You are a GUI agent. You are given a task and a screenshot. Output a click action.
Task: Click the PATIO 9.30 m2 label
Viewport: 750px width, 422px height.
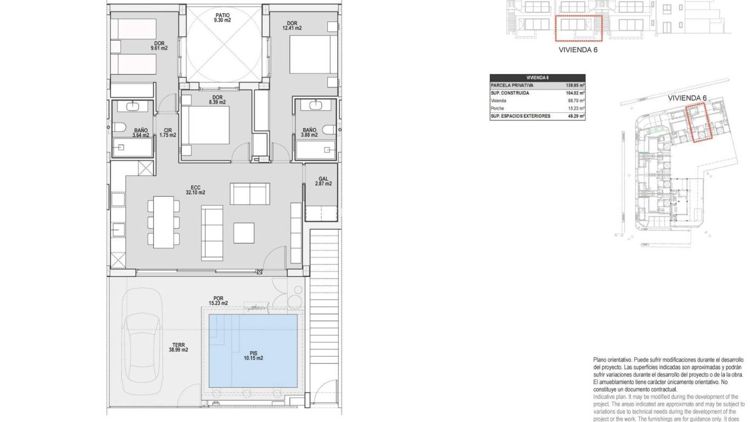click(222, 16)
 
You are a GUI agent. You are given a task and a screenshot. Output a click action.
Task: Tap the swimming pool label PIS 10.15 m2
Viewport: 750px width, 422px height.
click(253, 355)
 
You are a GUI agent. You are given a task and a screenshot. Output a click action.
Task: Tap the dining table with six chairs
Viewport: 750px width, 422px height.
click(163, 221)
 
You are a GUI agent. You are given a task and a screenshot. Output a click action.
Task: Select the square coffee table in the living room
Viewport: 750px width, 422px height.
click(244, 232)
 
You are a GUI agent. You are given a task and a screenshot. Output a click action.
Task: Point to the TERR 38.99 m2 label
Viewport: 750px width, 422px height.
click(178, 347)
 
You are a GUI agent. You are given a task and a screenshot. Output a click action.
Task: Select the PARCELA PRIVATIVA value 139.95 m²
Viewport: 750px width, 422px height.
click(575, 86)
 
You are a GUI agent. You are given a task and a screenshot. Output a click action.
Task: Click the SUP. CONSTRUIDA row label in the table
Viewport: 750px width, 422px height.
click(510, 93)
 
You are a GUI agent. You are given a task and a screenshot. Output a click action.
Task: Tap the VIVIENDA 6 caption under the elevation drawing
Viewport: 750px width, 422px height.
click(578, 49)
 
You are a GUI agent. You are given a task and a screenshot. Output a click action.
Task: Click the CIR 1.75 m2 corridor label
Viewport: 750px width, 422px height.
click(167, 132)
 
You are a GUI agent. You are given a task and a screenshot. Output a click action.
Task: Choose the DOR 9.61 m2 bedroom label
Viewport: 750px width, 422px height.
click(159, 46)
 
